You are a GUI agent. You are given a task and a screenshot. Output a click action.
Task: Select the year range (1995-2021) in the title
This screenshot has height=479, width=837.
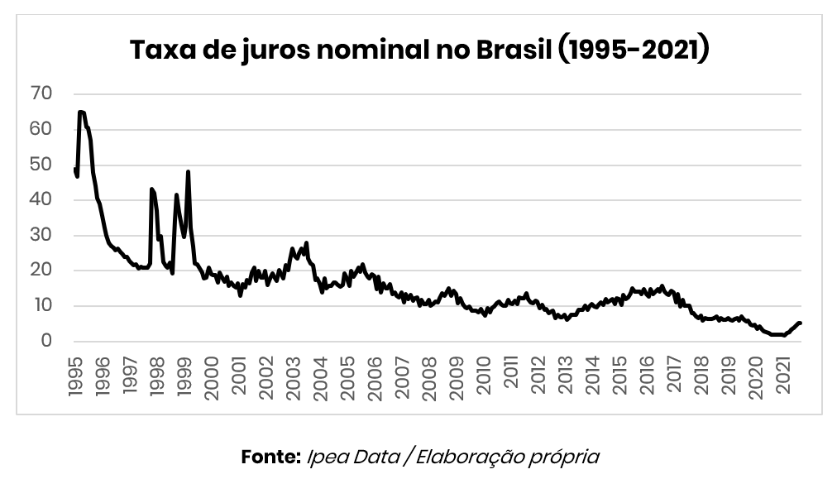pos(634,50)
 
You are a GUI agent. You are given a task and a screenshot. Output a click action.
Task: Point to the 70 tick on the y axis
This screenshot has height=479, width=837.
pos(41,94)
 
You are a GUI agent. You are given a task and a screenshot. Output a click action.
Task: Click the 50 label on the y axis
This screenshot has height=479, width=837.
pos(41,165)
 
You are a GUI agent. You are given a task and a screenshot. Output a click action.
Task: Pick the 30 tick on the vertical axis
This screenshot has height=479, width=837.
pos(41,235)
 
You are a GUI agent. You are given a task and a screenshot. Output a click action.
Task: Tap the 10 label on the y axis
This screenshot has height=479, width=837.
pos(41,305)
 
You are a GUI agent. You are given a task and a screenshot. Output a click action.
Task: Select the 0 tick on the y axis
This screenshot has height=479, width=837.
pos(46,341)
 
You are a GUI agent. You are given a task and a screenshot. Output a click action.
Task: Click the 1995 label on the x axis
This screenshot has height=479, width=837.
pos(75,376)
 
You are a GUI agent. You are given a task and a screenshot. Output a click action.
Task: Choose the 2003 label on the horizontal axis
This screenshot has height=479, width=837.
pos(294,376)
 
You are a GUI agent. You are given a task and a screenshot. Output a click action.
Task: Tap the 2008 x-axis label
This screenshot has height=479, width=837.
pos(430,376)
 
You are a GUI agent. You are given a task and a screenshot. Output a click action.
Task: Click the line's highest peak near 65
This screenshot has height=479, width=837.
pos(80,112)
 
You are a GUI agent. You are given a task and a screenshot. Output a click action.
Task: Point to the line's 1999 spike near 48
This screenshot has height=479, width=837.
pos(189,171)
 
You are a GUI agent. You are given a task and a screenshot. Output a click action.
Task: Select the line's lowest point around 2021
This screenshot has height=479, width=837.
pos(783,335)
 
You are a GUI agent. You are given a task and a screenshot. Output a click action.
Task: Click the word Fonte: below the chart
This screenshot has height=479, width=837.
pos(270,456)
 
